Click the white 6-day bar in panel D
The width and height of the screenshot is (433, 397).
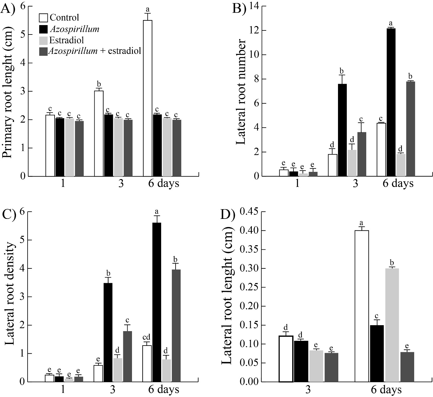pyautogui.click(x=362, y=306)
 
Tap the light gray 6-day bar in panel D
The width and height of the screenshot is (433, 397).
pyautogui.click(x=392, y=325)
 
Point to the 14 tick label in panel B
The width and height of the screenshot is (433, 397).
pyautogui.click(x=252, y=6)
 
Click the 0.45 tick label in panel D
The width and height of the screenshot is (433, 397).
pyautogui.click(x=248, y=212)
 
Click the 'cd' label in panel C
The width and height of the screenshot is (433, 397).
pyautogui.click(x=147, y=338)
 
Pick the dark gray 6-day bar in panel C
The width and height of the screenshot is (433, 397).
pyautogui.click(x=176, y=326)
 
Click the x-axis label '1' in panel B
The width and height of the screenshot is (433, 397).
pyautogui.click(x=297, y=183)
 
